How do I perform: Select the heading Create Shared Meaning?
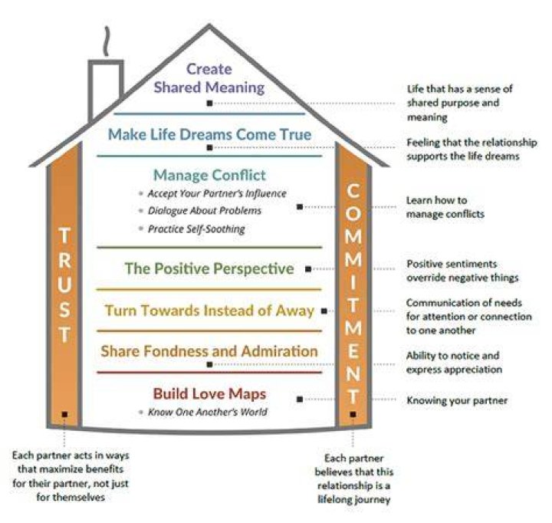coord(209,78)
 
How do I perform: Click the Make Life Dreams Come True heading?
coord(209,134)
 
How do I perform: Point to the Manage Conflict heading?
coord(209,175)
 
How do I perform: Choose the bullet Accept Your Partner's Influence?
coord(217,193)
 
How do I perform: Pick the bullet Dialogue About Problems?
coord(205,211)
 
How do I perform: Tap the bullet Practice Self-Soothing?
coord(196,229)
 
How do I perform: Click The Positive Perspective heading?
coord(209,268)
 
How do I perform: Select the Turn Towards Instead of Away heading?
coord(209,311)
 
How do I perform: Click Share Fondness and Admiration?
coord(209,351)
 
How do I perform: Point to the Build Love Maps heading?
coord(209,393)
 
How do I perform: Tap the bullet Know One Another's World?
coord(207,412)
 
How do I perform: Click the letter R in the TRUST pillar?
coord(64,260)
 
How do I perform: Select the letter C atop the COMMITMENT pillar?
coord(353,191)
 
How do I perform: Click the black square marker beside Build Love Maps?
coord(300,399)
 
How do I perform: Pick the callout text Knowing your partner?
coord(457,400)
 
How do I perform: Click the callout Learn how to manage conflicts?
coord(445,207)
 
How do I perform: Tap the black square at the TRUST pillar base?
coord(64,415)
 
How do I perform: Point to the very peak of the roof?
coord(209,25)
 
